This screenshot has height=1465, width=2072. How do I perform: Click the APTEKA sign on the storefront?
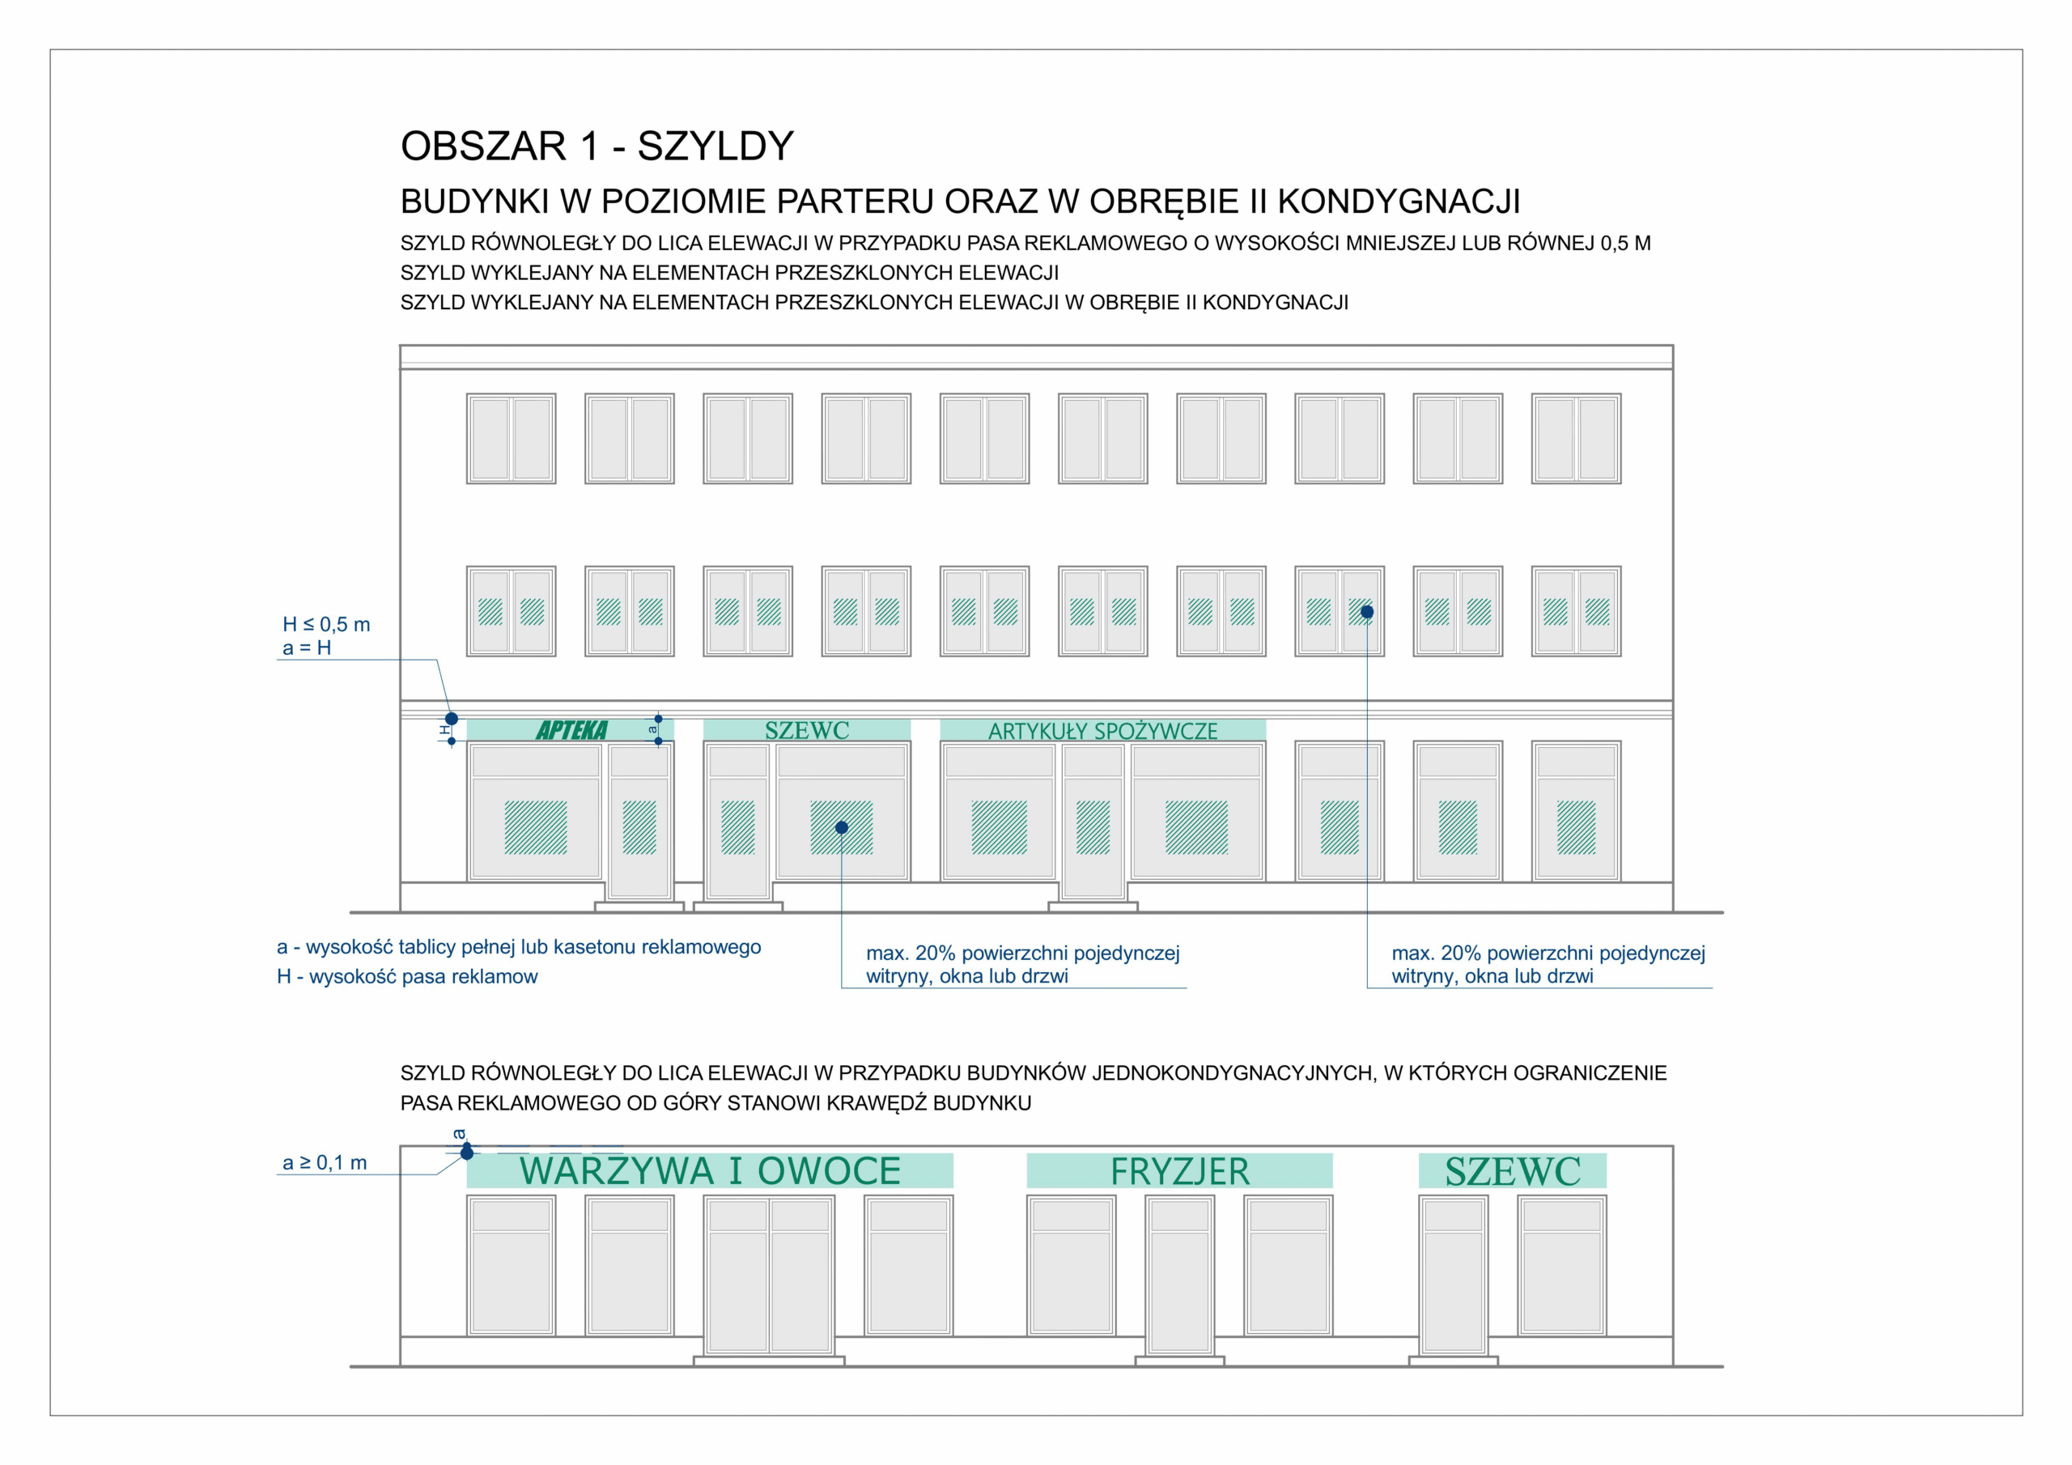[571, 730]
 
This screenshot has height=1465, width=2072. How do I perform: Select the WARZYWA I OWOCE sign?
[709, 1170]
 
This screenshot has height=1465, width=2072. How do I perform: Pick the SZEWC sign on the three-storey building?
[807, 730]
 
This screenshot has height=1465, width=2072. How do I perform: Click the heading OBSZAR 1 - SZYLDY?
[597, 146]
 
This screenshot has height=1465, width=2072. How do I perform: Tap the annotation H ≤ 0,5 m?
[326, 625]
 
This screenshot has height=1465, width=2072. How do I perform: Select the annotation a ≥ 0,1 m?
[325, 1162]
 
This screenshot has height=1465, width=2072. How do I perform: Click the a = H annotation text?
[307, 648]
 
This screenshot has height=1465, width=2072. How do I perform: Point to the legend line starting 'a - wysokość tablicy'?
[519, 947]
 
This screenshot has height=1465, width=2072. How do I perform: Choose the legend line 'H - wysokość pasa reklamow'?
[407, 977]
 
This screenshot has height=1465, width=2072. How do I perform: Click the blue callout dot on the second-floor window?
[1367, 612]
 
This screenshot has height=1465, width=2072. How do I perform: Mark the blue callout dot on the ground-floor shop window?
[841, 828]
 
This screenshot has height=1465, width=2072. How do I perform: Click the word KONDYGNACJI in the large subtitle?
[1399, 202]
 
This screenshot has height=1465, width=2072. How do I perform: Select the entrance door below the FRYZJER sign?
[1179, 1275]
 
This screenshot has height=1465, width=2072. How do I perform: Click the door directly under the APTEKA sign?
[639, 822]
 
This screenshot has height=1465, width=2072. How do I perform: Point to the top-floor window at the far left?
[511, 439]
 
